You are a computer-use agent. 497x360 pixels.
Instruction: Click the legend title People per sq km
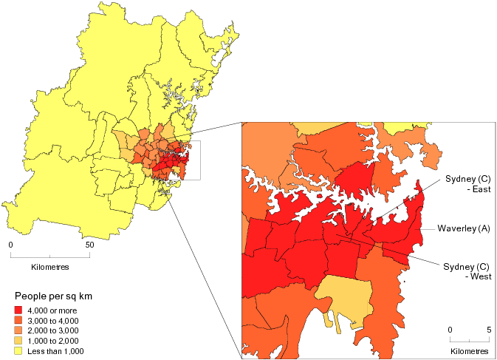[x=58, y=296]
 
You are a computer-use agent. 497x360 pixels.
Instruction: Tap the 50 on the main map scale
[x=89, y=245]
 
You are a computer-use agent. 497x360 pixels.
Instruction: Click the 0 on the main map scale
[x=11, y=245]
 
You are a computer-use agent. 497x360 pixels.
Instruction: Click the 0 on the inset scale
[x=450, y=329]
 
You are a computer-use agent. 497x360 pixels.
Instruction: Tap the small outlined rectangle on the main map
[x=191, y=161]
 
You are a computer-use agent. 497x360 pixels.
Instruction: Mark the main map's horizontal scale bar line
[x=50, y=256]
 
